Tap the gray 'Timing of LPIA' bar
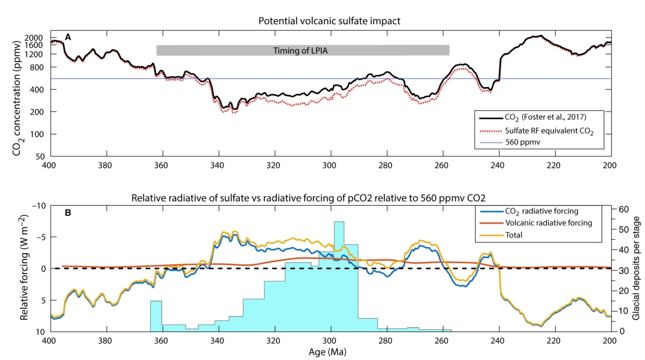click(x=303, y=51)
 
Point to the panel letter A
click(x=68, y=37)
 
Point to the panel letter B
click(x=68, y=212)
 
